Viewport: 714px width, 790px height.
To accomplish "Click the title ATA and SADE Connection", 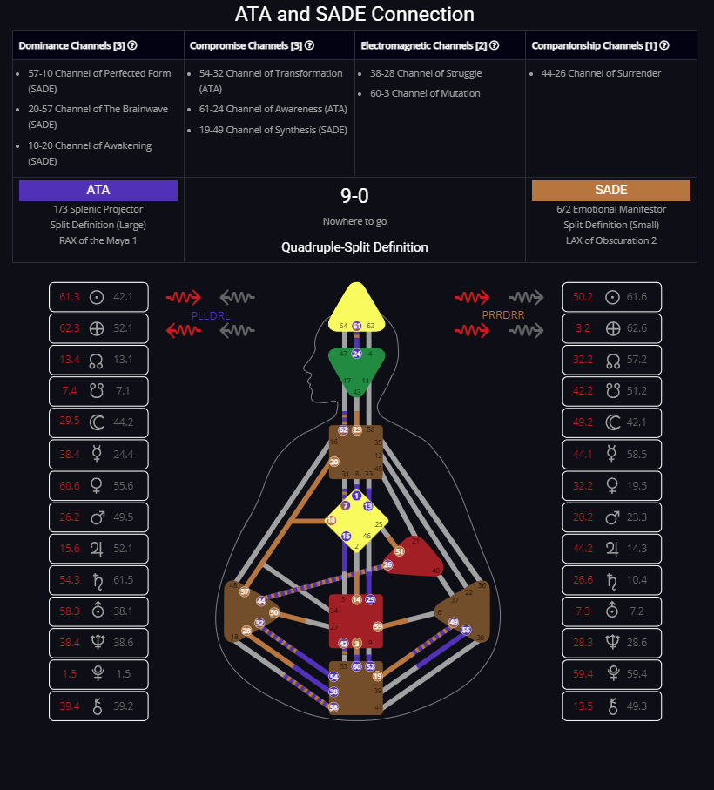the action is (354, 15).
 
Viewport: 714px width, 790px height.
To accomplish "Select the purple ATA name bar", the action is (98, 190).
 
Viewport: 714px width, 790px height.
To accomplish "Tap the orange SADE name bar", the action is (610, 190).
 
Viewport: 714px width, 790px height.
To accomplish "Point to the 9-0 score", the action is (354, 196).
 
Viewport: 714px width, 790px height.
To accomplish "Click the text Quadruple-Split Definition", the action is (354, 247).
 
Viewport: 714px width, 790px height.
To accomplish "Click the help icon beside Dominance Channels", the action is (132, 45).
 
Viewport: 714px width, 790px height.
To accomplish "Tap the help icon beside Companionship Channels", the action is (664, 45).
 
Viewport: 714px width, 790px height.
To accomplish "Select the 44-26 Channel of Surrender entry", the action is (601, 73).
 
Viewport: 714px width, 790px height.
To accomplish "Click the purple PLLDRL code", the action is (210, 314).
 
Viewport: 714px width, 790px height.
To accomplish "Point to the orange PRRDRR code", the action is (503, 314).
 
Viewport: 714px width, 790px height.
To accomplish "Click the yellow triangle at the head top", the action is (356, 305).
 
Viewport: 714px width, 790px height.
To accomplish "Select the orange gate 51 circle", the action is (399, 551).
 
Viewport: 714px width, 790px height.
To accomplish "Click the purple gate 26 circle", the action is (387, 565).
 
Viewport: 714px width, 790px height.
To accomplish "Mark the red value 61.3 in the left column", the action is (70, 297).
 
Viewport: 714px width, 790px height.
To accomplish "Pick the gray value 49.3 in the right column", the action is (637, 706).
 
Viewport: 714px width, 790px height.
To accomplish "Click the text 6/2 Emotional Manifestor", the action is (610, 209).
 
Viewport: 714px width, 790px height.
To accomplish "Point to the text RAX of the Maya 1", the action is (98, 240).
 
